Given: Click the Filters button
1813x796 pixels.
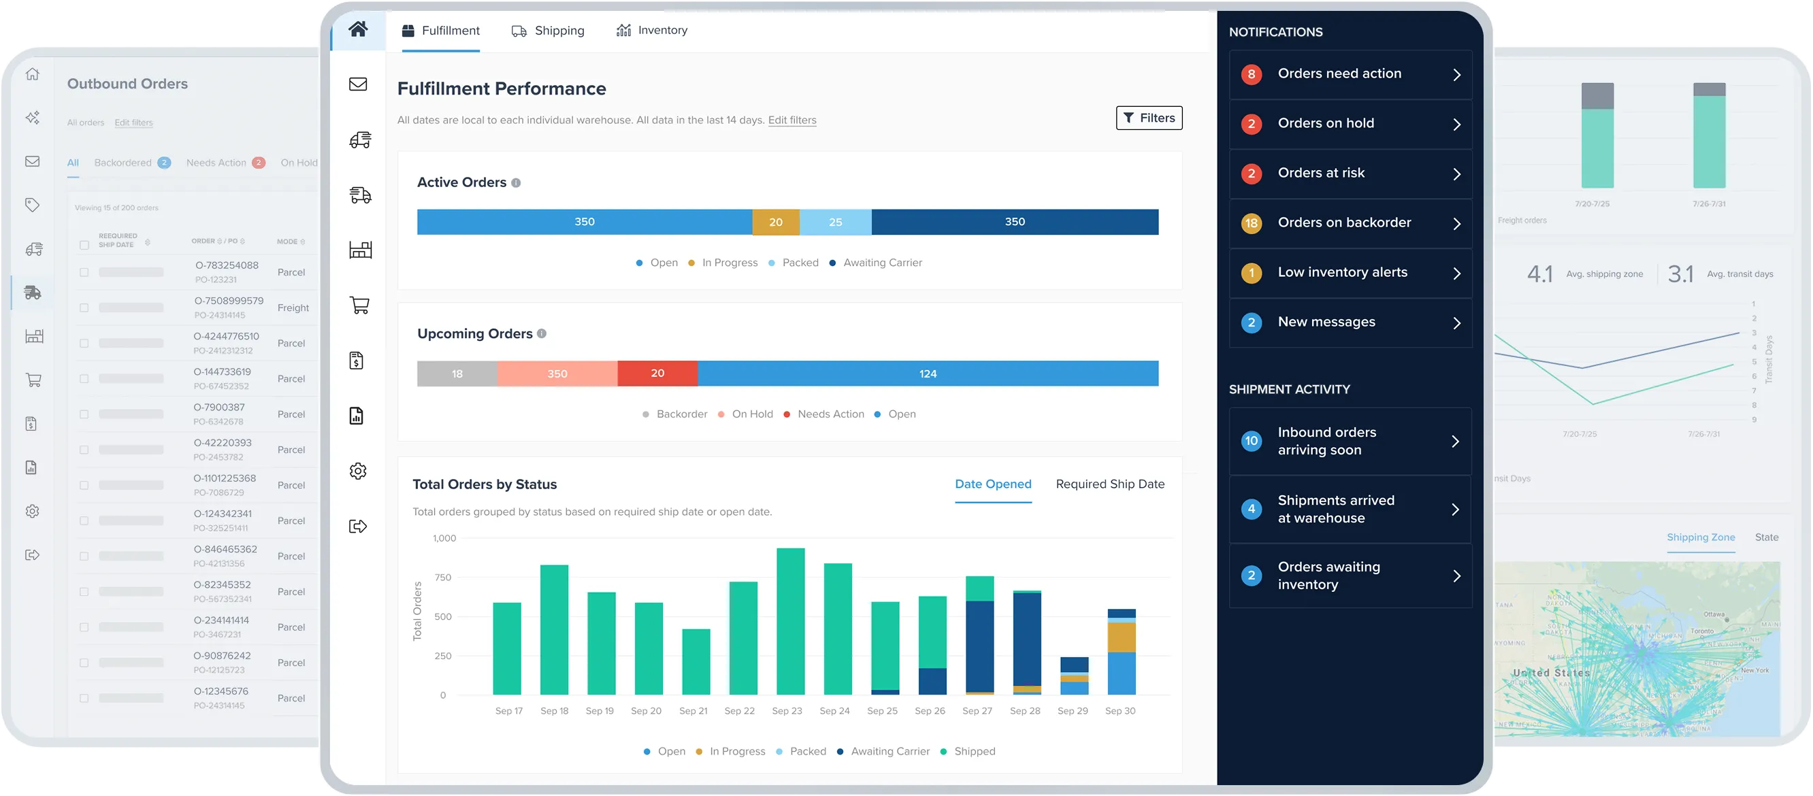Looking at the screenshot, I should [1149, 118].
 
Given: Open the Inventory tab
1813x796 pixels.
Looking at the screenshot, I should [652, 30].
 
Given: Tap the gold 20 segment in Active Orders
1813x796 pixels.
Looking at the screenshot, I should [776, 222].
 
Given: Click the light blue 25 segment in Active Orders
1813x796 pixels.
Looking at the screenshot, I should [836, 222].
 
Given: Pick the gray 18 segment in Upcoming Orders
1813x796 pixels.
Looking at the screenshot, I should [457, 374].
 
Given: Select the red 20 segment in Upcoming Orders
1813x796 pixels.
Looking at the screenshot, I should [657, 374].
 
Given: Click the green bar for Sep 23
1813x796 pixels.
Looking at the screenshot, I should [790, 620].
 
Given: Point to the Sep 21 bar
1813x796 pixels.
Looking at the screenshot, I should [696, 661].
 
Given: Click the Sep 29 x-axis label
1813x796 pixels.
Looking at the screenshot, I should [1072, 711].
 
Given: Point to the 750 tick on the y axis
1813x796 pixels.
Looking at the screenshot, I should [444, 577].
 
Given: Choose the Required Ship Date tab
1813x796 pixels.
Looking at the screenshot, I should [1110, 484].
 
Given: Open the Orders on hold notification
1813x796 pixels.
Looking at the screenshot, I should [1350, 124].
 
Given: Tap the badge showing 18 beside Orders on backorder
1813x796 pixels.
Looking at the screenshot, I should [1251, 223].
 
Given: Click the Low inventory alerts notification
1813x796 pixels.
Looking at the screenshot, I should [1350, 273].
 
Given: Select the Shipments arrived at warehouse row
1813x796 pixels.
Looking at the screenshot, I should [1350, 509].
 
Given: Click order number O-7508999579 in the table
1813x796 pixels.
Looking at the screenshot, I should [229, 301].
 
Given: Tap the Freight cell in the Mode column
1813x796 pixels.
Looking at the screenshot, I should [293, 308].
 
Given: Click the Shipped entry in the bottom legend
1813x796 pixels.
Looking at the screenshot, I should [974, 751].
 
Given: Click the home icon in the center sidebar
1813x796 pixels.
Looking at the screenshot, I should [358, 29].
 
